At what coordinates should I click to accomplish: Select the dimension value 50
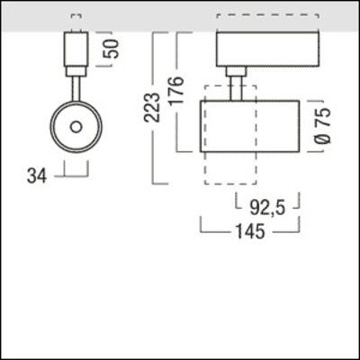click(x=112, y=47)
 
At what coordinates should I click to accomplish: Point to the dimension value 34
click(x=37, y=176)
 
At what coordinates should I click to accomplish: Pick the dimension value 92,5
click(x=267, y=208)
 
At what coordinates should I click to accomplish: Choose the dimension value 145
click(x=248, y=232)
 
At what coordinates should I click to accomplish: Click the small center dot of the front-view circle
click(x=76, y=125)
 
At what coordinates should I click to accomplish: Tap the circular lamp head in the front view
click(x=76, y=125)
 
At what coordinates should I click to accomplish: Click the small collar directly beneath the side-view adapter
click(x=236, y=71)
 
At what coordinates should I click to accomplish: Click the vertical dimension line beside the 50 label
click(x=95, y=49)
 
